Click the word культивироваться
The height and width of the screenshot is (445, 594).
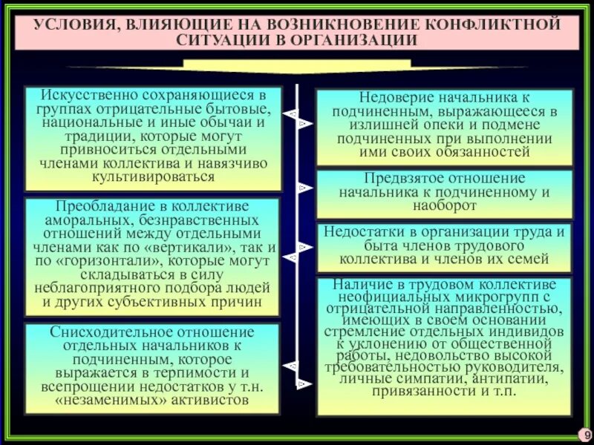point(153,177)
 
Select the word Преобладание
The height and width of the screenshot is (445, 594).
point(100,206)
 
